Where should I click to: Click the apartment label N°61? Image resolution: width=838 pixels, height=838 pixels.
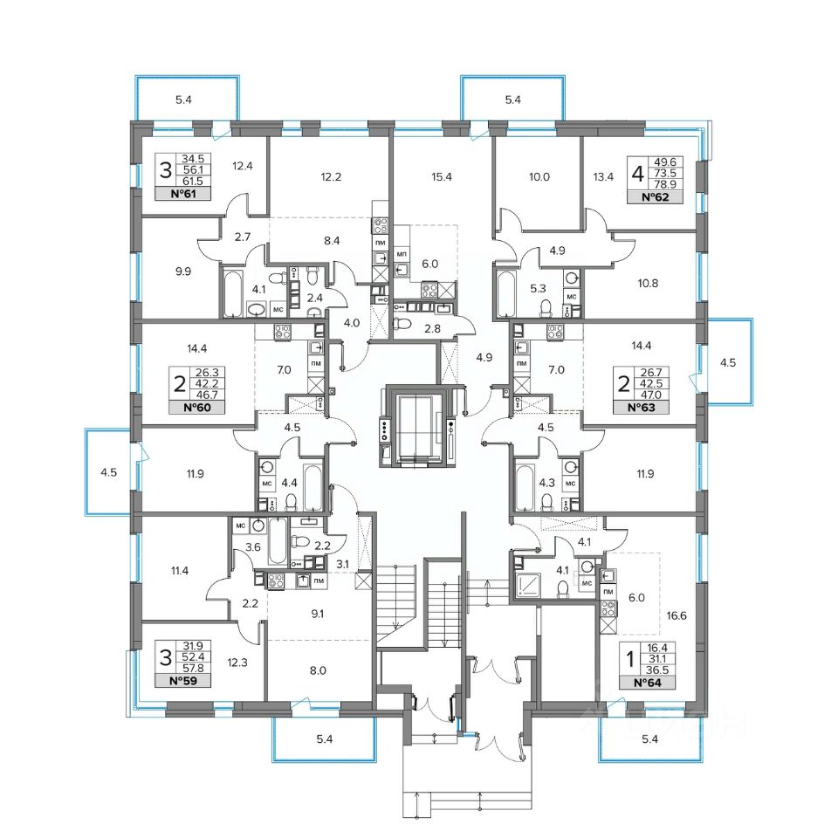[x=182, y=194]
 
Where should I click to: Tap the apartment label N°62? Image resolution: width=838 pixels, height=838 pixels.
[x=656, y=197]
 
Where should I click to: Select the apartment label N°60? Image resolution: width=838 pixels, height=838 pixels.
[x=196, y=408]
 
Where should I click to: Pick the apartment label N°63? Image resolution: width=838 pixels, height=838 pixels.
[x=641, y=408]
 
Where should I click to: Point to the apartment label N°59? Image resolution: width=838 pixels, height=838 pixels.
[x=182, y=681]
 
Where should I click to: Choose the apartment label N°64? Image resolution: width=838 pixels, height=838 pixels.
[x=647, y=683]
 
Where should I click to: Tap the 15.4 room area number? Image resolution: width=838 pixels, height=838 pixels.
[x=442, y=177]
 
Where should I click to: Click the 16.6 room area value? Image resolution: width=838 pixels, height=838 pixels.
[x=677, y=615]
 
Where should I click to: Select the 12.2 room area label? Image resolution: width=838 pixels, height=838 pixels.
[x=331, y=177]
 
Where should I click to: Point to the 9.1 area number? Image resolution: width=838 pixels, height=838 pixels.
[x=318, y=614]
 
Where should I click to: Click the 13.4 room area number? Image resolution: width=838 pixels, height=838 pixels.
[x=603, y=177]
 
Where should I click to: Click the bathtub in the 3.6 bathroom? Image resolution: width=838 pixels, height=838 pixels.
[x=277, y=541]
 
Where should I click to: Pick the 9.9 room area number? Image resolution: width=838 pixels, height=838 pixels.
[x=183, y=271]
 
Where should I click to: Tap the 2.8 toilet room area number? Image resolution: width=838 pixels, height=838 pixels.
[x=432, y=329]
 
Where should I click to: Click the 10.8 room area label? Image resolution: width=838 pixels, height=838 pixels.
[x=648, y=283]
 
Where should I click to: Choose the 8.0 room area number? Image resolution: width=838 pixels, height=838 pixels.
[x=318, y=670]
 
